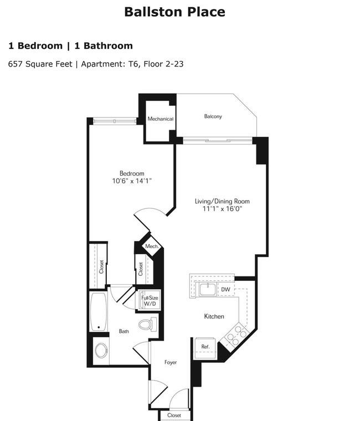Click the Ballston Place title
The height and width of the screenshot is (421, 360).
coord(174,12)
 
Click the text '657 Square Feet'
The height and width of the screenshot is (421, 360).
coord(40,64)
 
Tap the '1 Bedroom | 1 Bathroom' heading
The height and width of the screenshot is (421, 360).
coord(70,46)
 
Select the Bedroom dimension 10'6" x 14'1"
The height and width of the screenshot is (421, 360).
coord(132,181)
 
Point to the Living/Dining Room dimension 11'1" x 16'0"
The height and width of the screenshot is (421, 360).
coord(222,209)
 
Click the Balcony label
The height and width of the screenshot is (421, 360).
coord(213,116)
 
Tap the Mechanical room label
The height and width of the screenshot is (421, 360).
coord(161,119)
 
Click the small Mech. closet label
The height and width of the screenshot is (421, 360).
coord(152,246)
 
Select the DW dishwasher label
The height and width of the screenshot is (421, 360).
coord(225,289)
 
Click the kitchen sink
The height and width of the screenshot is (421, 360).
coord(208,289)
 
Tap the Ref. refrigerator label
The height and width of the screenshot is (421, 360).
coord(205,347)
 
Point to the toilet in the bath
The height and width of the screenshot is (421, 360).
coord(148,324)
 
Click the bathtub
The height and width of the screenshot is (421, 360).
coord(99,312)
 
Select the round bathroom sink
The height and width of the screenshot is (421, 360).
coord(101,351)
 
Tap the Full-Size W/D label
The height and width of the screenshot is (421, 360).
coord(150,301)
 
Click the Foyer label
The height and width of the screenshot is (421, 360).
coord(171,362)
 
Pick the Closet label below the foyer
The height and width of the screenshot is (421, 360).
coord(174,415)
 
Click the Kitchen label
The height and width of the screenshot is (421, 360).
coord(214,316)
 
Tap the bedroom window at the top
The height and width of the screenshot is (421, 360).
coord(115,121)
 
